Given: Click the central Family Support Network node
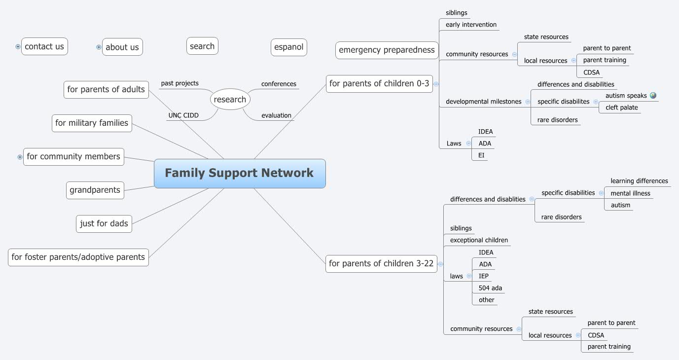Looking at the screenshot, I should (240, 173).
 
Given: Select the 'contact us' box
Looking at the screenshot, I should (44, 47).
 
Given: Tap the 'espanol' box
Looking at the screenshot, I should (289, 47).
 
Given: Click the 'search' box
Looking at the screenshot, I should (202, 46).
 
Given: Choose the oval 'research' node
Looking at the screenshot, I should (230, 100).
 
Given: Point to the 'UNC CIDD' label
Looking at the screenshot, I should (183, 115).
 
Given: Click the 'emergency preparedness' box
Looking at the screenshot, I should (387, 50).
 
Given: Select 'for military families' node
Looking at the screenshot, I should (92, 123).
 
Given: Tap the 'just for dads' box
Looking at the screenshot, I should (104, 223).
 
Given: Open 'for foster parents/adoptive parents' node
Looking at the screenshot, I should (78, 257).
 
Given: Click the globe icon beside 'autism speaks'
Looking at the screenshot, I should (653, 96).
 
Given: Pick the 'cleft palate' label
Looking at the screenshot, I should (621, 108).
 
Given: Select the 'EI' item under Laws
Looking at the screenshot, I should (481, 155).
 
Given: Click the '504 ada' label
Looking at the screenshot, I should (490, 288).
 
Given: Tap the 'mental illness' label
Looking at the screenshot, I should (630, 193).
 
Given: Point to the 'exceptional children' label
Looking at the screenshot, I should (479, 240).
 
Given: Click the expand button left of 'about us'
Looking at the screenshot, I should (99, 47).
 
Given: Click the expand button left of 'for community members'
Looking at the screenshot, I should (20, 157).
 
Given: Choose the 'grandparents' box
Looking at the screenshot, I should (95, 190).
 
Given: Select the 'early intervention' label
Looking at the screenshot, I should (471, 25).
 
